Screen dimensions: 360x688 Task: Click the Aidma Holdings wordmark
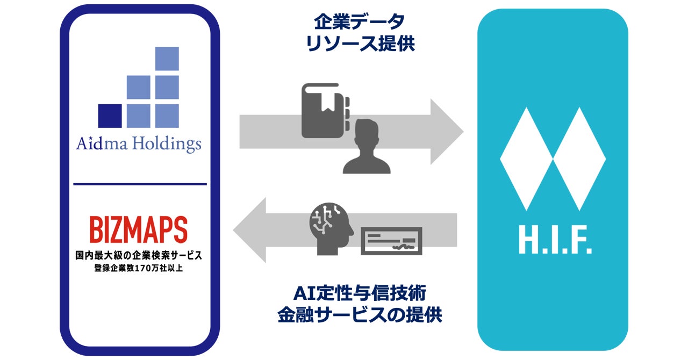coord(139,144)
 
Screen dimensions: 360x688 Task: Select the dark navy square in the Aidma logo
coord(110,116)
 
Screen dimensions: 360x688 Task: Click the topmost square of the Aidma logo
coord(167,59)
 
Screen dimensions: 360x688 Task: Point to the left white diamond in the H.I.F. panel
coord(527,159)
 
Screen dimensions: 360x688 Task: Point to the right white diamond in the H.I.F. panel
coord(579,159)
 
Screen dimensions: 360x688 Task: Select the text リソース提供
coord(360,44)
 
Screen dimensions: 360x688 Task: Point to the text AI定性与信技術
coord(360,293)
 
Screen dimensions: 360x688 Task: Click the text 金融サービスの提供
coord(360,315)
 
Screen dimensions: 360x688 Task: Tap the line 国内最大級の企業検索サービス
coord(139,254)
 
